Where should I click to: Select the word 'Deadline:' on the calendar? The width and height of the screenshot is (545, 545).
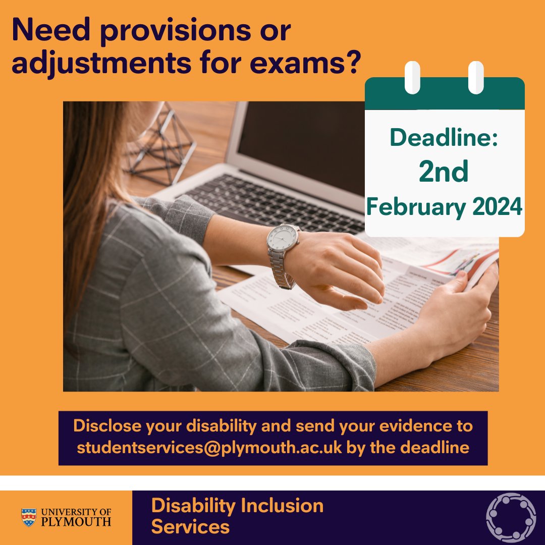444,138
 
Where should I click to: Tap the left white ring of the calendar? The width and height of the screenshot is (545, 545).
412,77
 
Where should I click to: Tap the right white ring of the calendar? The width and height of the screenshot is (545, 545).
475,77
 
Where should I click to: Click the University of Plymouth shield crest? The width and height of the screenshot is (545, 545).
29,517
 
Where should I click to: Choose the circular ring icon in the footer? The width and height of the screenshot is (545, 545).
511,518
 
